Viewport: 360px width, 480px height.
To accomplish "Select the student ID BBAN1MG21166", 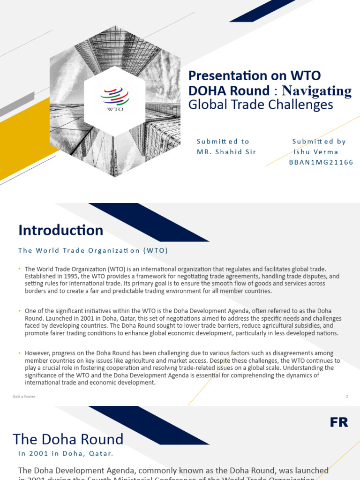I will [322, 162].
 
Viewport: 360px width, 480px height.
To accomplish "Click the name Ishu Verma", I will [316, 152].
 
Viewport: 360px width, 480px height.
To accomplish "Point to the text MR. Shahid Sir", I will [226, 152].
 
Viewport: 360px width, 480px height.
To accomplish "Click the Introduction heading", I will [61, 230].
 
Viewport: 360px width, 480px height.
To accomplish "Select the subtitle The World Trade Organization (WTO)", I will [93, 250].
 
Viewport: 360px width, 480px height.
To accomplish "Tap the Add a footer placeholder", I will [24, 397].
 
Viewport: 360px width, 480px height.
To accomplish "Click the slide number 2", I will [347, 397].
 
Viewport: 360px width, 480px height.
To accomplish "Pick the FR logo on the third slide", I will [338, 422].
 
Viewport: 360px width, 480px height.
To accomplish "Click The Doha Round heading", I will [68, 439].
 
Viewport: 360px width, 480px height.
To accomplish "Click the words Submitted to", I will [223, 141].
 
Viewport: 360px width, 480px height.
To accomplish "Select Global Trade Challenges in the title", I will [261, 105].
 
